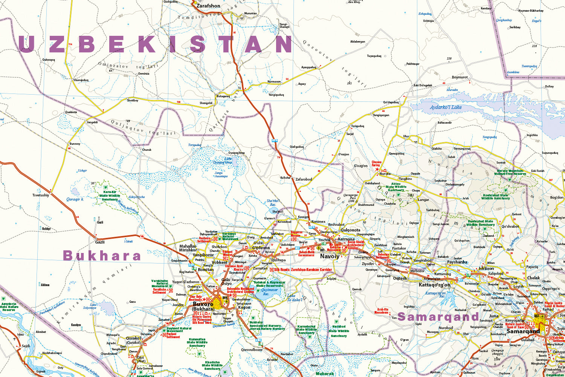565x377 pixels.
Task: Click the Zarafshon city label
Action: [208, 6]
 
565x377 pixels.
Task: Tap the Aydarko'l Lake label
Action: [446, 107]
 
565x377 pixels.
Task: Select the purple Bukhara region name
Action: [102, 256]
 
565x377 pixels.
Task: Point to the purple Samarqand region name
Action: [438, 317]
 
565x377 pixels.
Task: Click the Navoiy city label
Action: [330, 256]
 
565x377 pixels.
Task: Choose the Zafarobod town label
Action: [304, 179]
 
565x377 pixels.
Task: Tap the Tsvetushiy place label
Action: [41, 195]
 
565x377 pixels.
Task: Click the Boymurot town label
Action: [460, 77]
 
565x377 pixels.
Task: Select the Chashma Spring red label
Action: [376, 164]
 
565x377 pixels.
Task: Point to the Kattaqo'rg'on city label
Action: [434, 285]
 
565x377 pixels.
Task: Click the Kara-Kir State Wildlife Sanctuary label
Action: [110, 196]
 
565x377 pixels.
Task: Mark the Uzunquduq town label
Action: [81, 80]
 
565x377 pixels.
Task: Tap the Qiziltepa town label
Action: [278, 260]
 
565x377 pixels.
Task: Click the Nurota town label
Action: [385, 174]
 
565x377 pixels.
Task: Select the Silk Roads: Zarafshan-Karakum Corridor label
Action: [303, 270]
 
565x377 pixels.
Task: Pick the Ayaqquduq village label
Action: [308, 67]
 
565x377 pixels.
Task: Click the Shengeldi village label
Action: [206, 103]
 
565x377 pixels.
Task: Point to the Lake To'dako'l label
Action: [295, 298]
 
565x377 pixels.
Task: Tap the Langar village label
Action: [423, 200]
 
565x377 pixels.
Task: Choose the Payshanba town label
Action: [457, 262]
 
